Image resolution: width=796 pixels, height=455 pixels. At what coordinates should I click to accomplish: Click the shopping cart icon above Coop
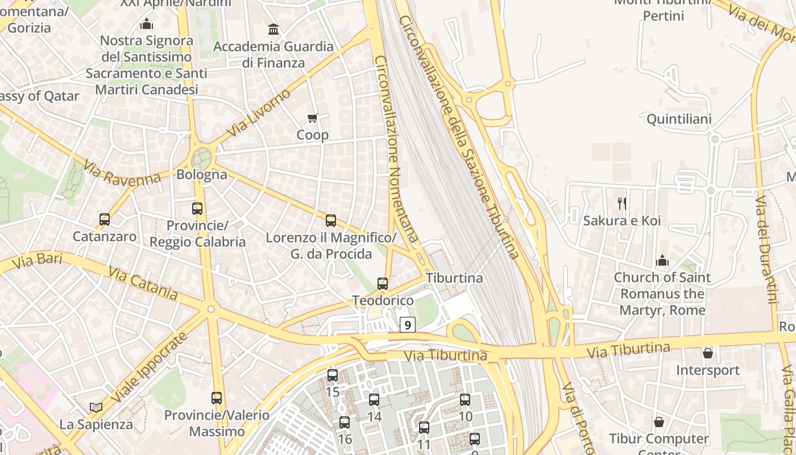click(x=312, y=118)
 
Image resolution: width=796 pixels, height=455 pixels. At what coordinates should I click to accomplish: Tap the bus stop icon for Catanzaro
click(x=105, y=220)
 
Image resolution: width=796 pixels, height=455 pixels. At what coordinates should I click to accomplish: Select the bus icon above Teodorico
click(x=383, y=284)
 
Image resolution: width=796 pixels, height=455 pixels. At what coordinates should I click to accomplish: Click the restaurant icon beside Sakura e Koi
click(x=622, y=203)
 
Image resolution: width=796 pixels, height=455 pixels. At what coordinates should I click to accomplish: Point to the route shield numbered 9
click(x=408, y=325)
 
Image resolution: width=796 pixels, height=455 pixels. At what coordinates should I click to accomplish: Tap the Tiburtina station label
click(x=454, y=278)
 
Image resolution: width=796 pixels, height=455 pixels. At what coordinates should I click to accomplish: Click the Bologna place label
click(x=202, y=175)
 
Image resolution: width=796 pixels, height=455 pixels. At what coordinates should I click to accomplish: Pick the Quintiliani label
click(x=679, y=119)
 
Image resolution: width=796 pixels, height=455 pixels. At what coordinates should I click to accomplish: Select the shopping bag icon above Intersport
click(x=708, y=353)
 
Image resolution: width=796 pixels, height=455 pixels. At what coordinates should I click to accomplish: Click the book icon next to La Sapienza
click(x=96, y=407)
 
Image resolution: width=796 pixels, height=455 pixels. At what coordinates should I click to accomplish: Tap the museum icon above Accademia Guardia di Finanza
click(x=273, y=29)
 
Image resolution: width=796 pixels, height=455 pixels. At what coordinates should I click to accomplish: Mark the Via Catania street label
click(x=143, y=284)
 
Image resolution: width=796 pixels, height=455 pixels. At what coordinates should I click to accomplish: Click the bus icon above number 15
click(x=333, y=375)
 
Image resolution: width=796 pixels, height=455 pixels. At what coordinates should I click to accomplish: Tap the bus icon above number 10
click(x=465, y=400)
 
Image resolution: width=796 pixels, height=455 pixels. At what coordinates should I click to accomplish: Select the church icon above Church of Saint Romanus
click(x=662, y=261)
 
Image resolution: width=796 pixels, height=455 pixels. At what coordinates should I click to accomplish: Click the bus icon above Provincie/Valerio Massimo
click(x=217, y=398)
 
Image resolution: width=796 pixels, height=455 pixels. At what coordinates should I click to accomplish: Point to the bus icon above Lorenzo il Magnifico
click(x=331, y=221)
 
